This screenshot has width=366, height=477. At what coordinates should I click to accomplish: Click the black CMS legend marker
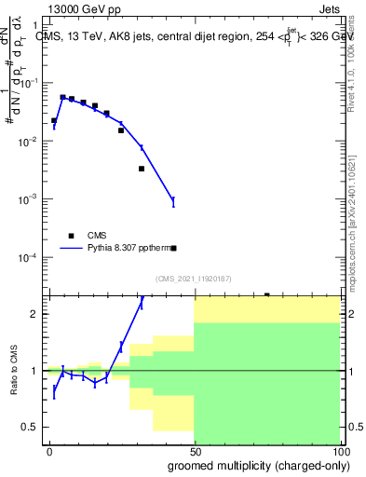71,236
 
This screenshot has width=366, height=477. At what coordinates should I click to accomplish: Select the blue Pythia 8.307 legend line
71,249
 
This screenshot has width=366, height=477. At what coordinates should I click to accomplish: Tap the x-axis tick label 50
194,451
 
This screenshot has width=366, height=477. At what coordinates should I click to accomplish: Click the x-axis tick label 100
338,451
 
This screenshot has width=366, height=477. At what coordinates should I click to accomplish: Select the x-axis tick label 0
49,451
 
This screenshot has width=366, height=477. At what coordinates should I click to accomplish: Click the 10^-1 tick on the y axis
30,83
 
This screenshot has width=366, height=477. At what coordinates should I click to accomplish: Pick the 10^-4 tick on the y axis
30,257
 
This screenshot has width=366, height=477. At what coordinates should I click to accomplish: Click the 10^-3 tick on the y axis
30,199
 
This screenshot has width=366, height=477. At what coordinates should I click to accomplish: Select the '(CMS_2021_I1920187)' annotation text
193,279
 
